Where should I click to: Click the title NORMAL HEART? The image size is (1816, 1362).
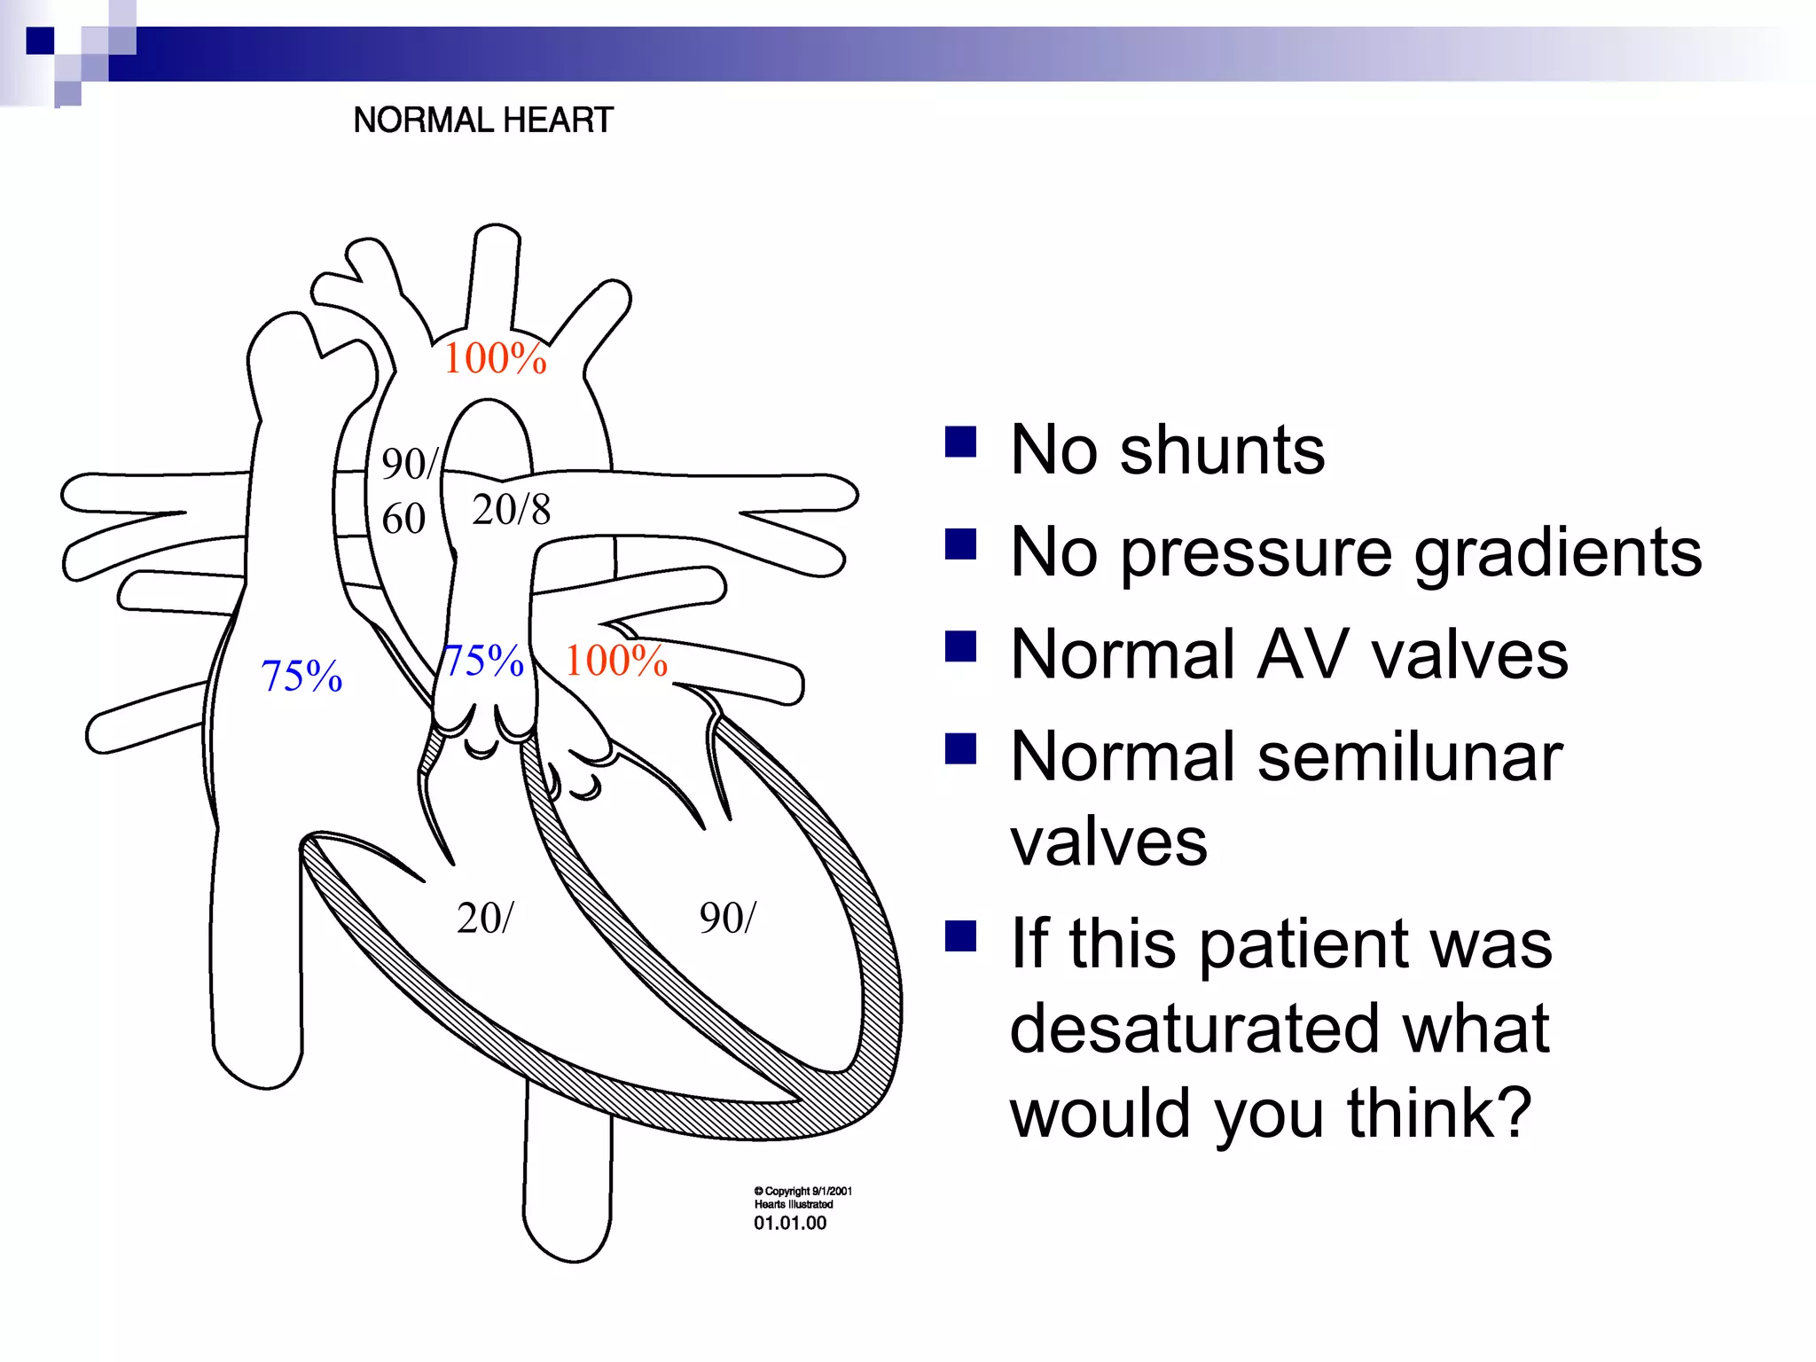click(483, 120)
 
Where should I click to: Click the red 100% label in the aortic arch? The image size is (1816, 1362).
click(495, 358)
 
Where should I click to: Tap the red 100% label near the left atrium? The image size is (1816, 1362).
click(616, 661)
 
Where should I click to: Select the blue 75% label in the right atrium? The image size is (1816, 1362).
click(301, 676)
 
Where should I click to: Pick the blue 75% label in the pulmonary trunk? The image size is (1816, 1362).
click(484, 661)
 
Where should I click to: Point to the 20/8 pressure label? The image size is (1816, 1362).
click(511, 510)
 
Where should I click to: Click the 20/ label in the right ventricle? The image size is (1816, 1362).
click(484, 918)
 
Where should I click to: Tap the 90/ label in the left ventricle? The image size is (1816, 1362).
click(727, 918)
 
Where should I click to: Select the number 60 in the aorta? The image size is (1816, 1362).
click(403, 519)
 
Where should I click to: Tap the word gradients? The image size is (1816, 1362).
click(1557, 553)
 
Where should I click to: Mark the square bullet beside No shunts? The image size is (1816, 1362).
click(960, 442)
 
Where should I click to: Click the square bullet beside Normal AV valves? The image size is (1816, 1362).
click(960, 646)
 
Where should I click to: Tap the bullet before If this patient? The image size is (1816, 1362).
click(960, 935)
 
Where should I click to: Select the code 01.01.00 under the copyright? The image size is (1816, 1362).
click(790, 1223)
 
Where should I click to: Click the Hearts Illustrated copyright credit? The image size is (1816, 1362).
click(794, 1204)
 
